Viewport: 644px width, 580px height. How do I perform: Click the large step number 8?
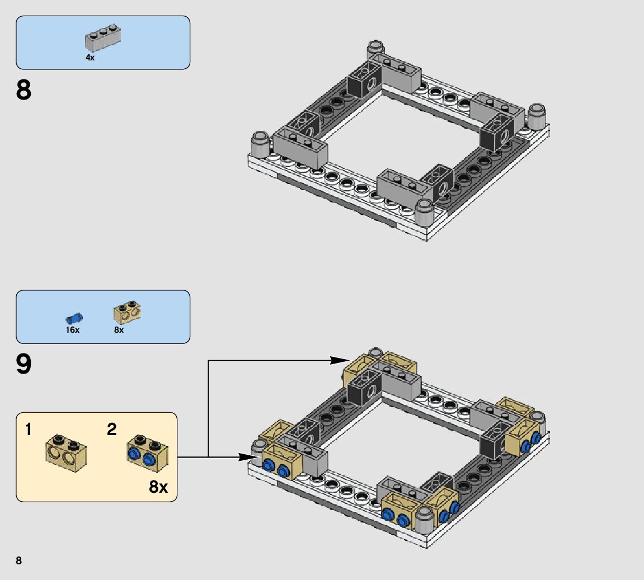[23, 90]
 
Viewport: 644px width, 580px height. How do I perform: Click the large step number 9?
[23, 364]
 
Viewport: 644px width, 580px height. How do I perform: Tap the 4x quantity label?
[90, 58]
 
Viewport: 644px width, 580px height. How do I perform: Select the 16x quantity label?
[73, 329]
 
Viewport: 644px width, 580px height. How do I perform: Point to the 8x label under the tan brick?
[119, 329]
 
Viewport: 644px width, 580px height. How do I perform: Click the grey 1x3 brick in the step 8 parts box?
[103, 38]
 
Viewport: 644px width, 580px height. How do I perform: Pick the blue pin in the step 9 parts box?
[74, 319]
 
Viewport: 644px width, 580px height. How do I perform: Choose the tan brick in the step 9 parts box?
[127, 312]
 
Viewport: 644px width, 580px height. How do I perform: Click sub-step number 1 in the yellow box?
[29, 430]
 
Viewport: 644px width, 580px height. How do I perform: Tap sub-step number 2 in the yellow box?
[112, 430]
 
